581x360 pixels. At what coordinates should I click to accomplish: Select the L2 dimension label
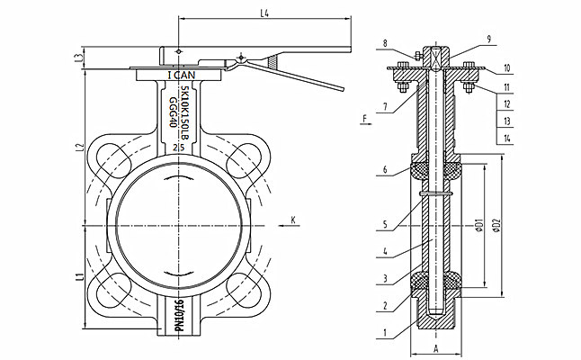(x=79, y=146)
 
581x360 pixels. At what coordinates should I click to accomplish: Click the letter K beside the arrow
(x=293, y=216)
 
